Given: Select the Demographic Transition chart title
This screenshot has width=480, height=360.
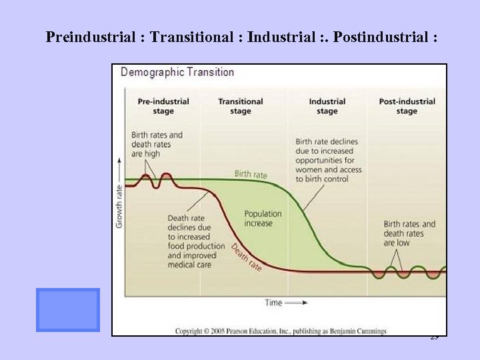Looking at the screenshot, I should coord(177,72).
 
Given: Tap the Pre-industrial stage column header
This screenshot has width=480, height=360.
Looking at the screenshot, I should coord(163,107).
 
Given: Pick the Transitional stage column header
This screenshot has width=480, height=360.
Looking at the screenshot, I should coord(241,107).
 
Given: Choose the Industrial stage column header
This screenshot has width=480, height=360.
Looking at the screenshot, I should coord(327,107).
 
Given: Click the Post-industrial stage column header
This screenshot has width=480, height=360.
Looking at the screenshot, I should coord(407,107).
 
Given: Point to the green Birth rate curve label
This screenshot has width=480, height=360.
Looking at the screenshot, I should coord(251,175).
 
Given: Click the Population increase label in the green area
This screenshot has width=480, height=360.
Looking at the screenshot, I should coord(263,219).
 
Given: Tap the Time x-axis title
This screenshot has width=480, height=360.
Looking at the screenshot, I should coord(274,303).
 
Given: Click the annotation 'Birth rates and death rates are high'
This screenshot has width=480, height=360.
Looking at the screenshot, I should coord(157,144).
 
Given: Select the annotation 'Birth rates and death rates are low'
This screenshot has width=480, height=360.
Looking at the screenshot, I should coord(409,233).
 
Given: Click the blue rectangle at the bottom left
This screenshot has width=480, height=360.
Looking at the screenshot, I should coord(67,310).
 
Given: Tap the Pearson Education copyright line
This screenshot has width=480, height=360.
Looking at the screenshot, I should coord(280,331).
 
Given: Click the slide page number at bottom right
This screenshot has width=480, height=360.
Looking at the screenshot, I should coord(434,338).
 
